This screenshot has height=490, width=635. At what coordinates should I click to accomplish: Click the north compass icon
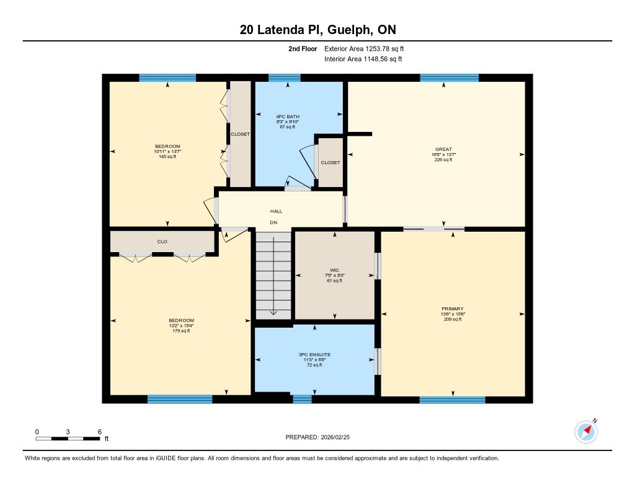(586, 431)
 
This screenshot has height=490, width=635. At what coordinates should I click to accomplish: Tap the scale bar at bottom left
(68, 438)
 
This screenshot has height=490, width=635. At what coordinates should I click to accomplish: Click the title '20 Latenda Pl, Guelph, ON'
(317, 30)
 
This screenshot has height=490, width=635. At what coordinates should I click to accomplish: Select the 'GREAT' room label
(443, 149)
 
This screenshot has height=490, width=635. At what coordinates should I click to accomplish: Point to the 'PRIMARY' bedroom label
(453, 308)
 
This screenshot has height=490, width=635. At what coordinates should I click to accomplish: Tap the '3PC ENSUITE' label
(315, 354)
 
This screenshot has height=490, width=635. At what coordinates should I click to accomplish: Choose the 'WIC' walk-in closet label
(335, 270)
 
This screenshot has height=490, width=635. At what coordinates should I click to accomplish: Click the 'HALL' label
(276, 211)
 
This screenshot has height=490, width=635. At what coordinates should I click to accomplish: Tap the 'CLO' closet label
(162, 242)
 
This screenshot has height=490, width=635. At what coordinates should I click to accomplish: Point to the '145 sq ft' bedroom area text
(167, 157)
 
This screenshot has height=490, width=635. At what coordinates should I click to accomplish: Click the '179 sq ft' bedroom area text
(181, 331)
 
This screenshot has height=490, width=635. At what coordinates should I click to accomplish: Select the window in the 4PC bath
(285, 78)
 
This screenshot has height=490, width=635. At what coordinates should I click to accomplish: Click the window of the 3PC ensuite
(302, 399)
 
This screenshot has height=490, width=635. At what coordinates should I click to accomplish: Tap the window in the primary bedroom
(452, 400)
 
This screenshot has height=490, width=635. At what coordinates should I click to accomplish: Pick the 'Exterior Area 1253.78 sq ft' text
(364, 48)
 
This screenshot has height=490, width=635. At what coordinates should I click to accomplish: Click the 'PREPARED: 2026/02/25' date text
(317, 437)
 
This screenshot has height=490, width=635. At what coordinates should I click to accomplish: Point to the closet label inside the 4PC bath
(330, 162)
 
